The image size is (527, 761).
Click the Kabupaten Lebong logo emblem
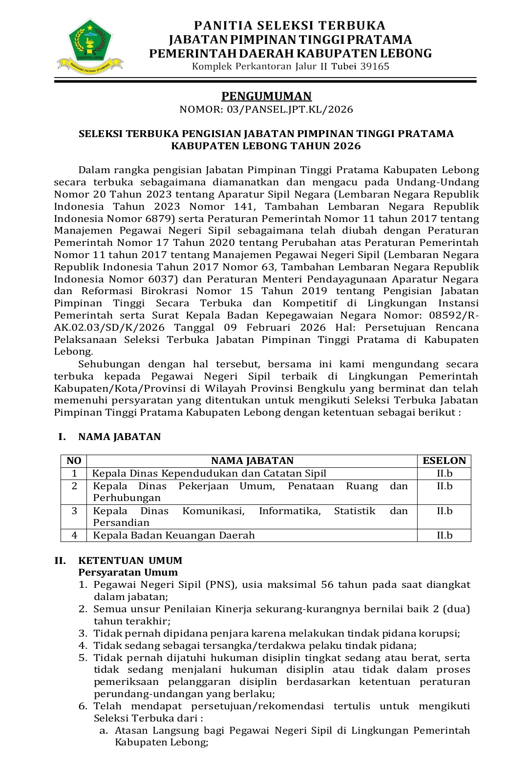click(x=90, y=44)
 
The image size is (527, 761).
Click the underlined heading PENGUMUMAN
click(x=266, y=96)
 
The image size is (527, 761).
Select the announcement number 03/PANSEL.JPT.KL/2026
click(x=290, y=109)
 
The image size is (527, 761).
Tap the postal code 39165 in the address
click(x=375, y=66)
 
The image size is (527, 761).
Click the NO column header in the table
click(x=74, y=461)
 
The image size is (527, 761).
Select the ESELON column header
click(x=444, y=461)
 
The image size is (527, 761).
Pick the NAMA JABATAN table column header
click(x=252, y=461)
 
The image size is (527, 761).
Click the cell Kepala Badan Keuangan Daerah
click(x=174, y=535)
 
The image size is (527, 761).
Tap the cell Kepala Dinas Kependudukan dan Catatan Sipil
click(x=209, y=473)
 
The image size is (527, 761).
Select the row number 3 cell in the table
click(x=74, y=511)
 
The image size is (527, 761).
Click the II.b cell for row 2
click(x=444, y=486)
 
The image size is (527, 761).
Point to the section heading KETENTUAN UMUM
click(x=130, y=561)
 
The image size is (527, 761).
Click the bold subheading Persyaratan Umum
click(x=128, y=572)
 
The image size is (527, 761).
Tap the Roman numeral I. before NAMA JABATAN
click(x=62, y=437)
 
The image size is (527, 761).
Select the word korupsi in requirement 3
click(x=439, y=633)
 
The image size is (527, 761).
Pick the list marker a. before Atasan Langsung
click(x=103, y=730)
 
